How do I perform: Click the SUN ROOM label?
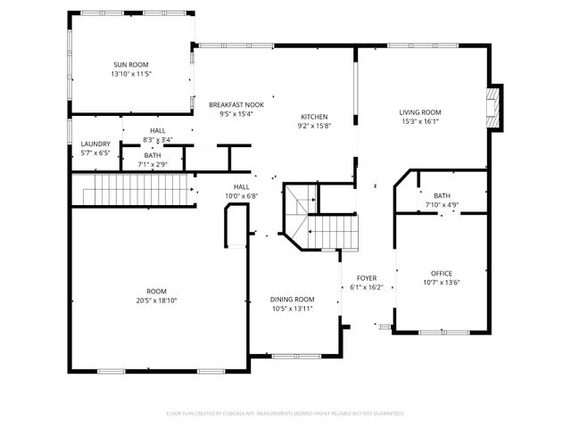pos(130,64)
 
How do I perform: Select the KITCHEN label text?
pos(314,117)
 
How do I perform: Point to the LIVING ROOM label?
pos(420,112)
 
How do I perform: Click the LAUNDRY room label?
pos(95,144)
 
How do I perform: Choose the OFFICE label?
pos(442,273)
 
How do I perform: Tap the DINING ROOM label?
pos(293,300)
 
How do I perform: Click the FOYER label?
pos(367,278)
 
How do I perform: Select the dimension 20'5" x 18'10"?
pos(157,300)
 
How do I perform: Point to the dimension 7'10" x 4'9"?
pos(442,205)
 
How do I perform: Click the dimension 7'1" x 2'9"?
pos(153,165)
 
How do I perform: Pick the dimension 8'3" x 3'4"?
pos(158,140)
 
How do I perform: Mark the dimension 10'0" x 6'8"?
pos(240,196)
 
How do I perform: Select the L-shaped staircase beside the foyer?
pos(321,223)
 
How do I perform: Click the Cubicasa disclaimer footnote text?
pos(285,414)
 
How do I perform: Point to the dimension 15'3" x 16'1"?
pos(420,122)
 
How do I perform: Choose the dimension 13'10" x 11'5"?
pos(130,74)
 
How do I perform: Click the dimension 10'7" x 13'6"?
pos(442,283)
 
